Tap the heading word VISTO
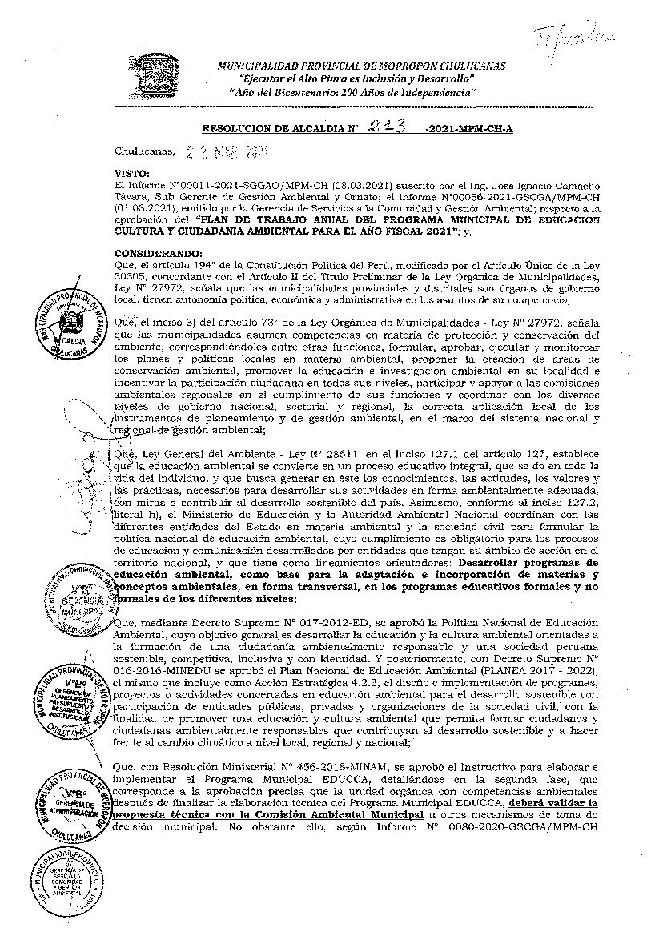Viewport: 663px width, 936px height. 132,172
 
